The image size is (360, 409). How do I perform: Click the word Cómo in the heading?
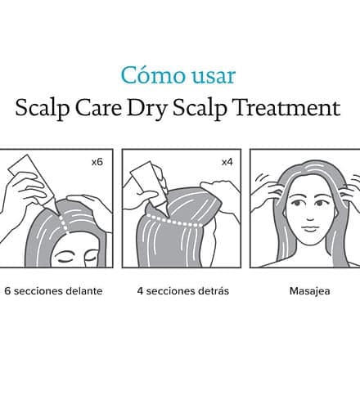pos(153,74)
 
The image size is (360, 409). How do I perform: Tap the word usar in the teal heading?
pos(214,76)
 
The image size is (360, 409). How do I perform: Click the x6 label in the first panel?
pos(97,162)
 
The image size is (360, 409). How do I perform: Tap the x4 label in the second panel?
pos(227,162)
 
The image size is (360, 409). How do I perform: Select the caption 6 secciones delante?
pos(53,291)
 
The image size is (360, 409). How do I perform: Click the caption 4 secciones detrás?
pos(183,291)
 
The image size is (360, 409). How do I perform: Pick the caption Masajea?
pos(309,291)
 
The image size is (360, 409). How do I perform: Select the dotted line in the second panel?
pos(175,220)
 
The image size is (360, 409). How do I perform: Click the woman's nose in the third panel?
pos(309,216)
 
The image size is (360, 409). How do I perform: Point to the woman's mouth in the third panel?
pos(309,228)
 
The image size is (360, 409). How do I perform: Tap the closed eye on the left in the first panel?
pos(65,259)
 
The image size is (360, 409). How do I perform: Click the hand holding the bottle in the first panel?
pos(23,194)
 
